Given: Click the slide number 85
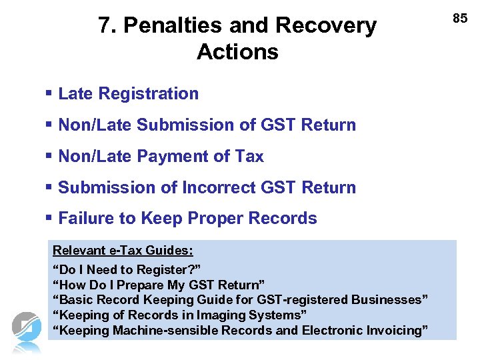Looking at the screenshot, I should (x=460, y=19).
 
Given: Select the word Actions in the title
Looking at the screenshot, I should (x=237, y=52).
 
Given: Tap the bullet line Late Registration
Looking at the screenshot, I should (x=129, y=94).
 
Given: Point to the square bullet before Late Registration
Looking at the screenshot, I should (x=50, y=94).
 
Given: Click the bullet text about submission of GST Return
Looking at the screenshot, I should (x=207, y=125).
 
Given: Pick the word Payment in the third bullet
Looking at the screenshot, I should (x=167, y=157).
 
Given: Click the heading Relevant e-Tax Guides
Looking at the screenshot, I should (x=123, y=251).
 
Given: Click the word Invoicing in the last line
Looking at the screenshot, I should (x=396, y=331).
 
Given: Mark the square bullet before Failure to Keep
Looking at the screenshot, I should (x=50, y=219).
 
